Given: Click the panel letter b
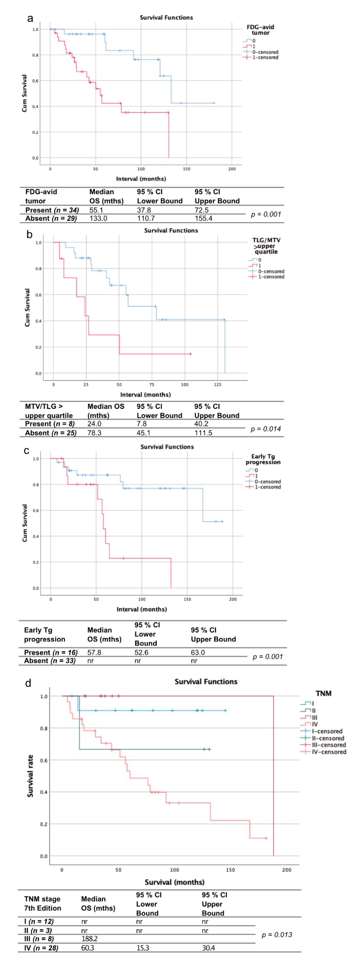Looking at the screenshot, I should (29, 235).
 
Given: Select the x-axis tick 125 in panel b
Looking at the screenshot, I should (217, 385).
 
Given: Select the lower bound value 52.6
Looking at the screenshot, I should (141, 653).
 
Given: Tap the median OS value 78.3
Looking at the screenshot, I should (94, 433).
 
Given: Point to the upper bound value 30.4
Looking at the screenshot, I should (208, 948).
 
